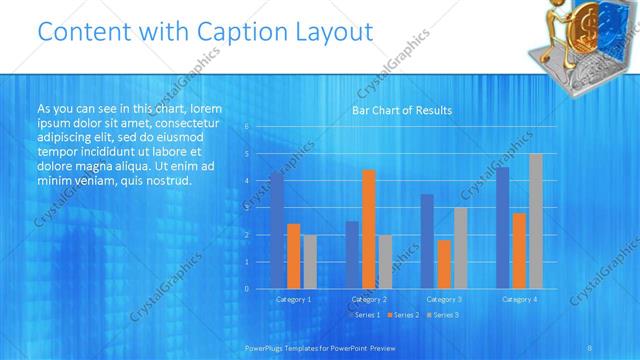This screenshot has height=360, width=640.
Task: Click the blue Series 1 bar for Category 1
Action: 277,230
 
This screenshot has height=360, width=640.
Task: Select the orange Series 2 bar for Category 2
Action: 369,229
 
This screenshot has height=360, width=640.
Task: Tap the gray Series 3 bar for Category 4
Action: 536,221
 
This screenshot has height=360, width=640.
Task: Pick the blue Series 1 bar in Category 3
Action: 427,241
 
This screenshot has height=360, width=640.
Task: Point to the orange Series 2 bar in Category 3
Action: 444,264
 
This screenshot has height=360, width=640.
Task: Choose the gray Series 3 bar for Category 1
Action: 310,262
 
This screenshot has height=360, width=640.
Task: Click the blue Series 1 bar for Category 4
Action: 502,228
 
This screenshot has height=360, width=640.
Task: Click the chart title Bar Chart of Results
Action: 402,110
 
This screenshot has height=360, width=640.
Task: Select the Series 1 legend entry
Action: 366,315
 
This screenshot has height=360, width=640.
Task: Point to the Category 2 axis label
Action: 369,299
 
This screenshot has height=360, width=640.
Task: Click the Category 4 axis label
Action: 519,299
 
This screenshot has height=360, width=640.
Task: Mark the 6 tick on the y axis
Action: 247,127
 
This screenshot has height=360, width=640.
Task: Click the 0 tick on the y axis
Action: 247,289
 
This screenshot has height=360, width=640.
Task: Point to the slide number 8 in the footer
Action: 590,347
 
